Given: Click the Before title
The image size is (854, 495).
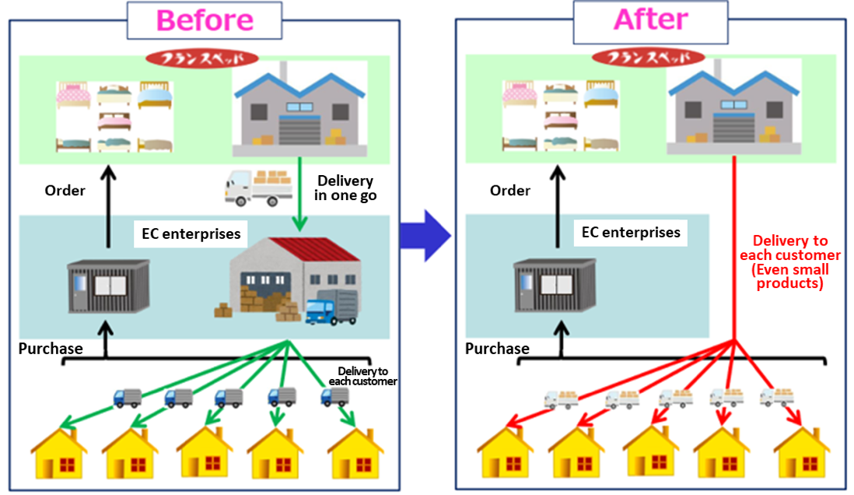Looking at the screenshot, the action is pos(205,21).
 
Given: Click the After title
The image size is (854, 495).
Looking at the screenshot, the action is pos(651,19).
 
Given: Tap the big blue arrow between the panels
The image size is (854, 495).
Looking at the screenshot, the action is pos(425,236).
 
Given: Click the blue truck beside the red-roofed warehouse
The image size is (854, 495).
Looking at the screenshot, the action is pos(331,307).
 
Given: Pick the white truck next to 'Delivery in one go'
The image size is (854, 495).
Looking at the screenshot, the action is pos(259,188).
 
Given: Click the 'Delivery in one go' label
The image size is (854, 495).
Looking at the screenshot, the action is pos(345,188).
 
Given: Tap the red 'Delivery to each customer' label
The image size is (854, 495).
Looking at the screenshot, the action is pos(789,262).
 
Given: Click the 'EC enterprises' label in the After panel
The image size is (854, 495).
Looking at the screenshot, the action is pos(631,233).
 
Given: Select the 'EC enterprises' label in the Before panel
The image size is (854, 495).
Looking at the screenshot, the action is pos(191,233).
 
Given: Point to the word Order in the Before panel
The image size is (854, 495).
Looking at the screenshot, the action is pos(65,190).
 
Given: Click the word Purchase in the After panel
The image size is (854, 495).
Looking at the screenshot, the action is pos(497,349).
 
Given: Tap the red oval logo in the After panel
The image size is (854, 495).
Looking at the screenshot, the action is pos(648,58).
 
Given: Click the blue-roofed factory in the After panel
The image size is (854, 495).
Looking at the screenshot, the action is pos(733,107).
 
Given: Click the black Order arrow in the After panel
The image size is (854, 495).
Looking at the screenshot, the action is pos(558,207).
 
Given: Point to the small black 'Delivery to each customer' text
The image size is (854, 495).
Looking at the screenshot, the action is pos(362,376).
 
